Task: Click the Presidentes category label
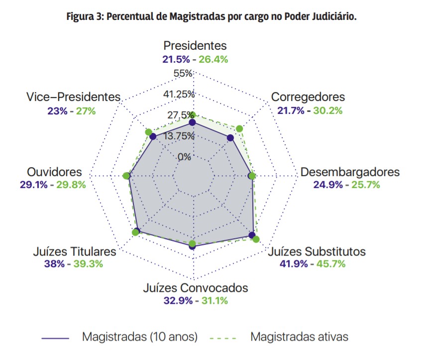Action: tap(195, 46)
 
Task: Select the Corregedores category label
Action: tap(308, 97)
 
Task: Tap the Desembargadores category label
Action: tap(350, 172)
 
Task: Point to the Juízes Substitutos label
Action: tap(316, 251)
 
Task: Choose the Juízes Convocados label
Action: tap(195, 288)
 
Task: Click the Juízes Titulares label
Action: tap(75, 251)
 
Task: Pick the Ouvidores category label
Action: tap(55, 172)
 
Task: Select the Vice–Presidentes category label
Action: tap(73, 97)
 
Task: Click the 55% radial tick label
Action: tap(183, 74)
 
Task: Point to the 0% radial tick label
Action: tap(184, 157)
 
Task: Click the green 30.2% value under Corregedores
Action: tap(327, 110)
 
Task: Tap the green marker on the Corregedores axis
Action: tap(239, 129)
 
